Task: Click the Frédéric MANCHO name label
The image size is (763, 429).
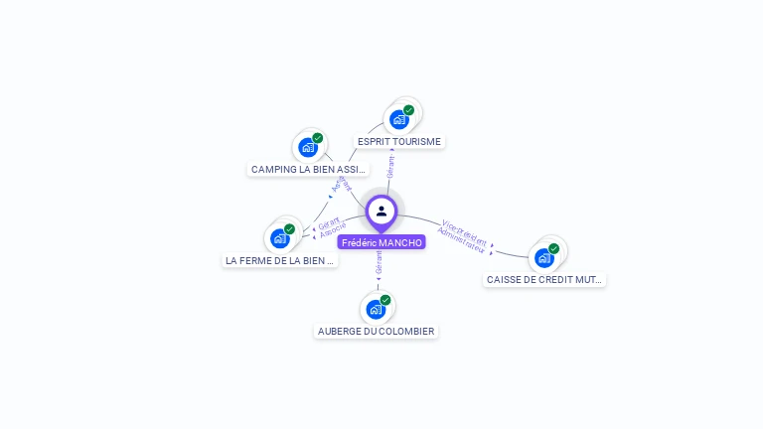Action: (381, 242)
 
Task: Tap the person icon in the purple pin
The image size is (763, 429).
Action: (381, 211)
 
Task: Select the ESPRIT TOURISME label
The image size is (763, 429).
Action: (398, 142)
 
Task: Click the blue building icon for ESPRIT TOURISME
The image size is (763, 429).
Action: (399, 120)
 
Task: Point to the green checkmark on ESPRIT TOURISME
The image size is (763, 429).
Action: (408, 110)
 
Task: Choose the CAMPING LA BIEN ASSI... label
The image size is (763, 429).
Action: (309, 170)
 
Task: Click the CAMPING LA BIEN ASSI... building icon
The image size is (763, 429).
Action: (308, 148)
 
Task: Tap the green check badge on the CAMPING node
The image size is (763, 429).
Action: (318, 138)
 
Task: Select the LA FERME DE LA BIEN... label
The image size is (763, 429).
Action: (280, 261)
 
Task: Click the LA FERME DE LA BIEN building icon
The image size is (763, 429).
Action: (280, 238)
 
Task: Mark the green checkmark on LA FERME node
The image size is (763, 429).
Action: (289, 229)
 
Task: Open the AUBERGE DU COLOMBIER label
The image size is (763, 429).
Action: (376, 331)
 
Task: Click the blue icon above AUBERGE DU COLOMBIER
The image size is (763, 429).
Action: (376, 309)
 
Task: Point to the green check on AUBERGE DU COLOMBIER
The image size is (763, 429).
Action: (385, 300)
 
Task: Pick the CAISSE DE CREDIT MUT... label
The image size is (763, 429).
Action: (544, 280)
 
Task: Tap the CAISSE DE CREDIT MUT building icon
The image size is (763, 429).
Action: (544, 257)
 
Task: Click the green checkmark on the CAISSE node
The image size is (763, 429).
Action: (553, 248)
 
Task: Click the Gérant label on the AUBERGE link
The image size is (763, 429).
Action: (379, 262)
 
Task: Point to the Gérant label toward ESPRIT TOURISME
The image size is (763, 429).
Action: (391, 167)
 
